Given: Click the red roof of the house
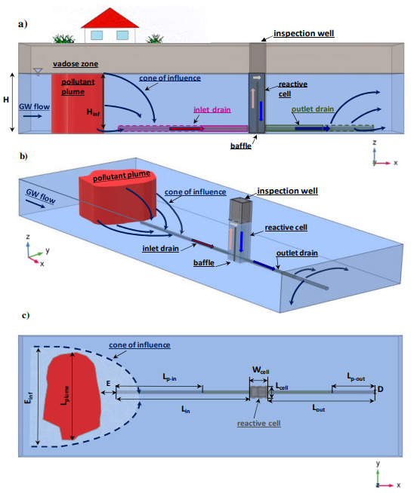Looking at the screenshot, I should [x=110, y=17].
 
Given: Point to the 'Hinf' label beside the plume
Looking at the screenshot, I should [x=94, y=112].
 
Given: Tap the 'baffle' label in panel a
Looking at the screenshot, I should [x=241, y=143].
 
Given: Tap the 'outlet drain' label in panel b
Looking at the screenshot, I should [x=298, y=253].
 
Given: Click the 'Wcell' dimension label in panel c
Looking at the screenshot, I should [x=261, y=369].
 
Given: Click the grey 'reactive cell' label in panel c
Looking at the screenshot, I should [x=259, y=424].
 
